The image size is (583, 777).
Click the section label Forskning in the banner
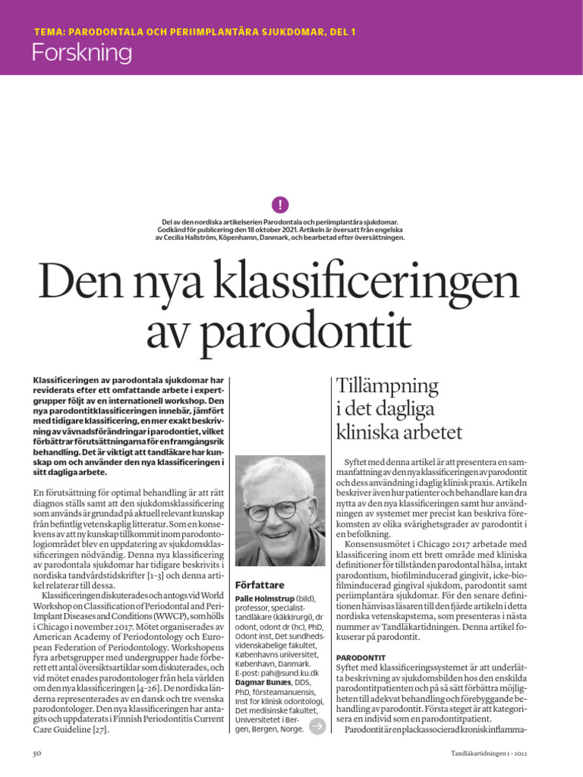[81, 52]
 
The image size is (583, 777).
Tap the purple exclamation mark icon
[280, 204]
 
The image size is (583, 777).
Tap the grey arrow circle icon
[317, 726]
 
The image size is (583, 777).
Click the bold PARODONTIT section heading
[361, 656]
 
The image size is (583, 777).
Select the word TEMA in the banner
[50, 32]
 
